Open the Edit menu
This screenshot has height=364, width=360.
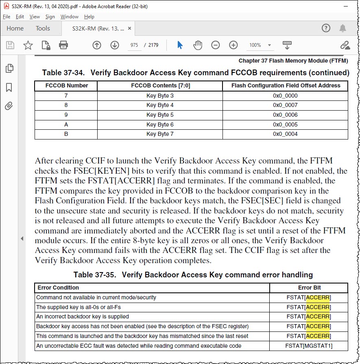click(x=20, y=17)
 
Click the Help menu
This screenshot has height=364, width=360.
click(x=89, y=17)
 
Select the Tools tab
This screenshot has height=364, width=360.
click(x=43, y=28)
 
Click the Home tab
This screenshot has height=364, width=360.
click(x=15, y=28)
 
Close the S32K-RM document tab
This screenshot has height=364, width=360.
click(x=130, y=28)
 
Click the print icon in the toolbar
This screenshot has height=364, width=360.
click(x=63, y=45)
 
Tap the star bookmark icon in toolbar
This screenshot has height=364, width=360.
click(x=28, y=45)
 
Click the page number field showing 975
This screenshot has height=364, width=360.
click(x=134, y=45)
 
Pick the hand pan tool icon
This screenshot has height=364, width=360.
click(x=198, y=45)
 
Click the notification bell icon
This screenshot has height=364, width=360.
click(x=343, y=28)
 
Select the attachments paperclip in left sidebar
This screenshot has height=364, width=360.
click(x=9, y=107)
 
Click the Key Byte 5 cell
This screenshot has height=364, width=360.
click(x=160, y=115)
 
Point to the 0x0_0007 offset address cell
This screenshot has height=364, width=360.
click(x=285, y=105)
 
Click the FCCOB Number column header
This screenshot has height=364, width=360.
click(x=66, y=86)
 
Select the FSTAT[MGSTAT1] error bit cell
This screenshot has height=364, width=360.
click(x=309, y=346)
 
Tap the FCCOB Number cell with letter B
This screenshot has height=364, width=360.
click(x=66, y=134)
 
